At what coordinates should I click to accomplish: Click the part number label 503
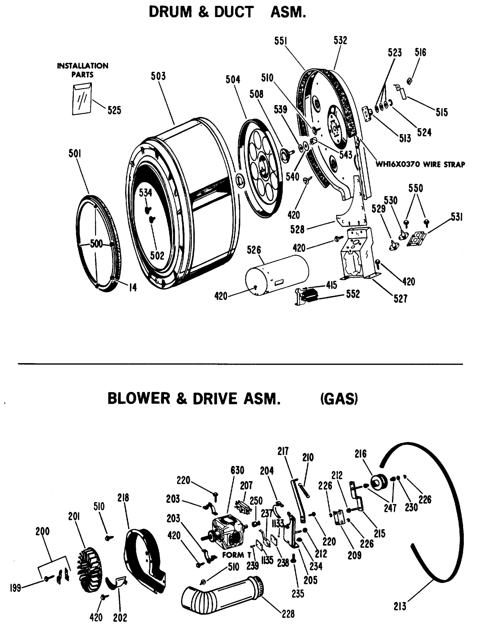(x=158, y=76)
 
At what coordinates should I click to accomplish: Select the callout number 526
(x=254, y=250)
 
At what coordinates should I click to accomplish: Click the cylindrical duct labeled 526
(x=277, y=276)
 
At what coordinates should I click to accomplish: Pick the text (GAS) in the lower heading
(x=339, y=399)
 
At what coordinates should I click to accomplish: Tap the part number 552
(x=353, y=294)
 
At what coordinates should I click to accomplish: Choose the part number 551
(x=281, y=41)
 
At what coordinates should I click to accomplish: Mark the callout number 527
(x=400, y=299)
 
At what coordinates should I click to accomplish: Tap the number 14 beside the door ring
(x=133, y=287)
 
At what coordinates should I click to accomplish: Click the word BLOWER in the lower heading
(x=139, y=399)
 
